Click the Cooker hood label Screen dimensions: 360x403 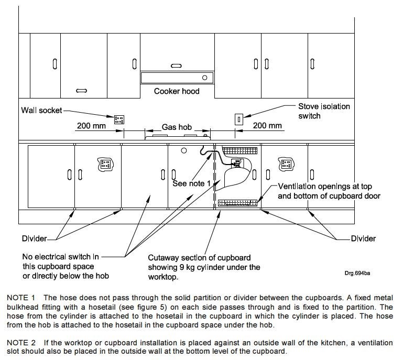point(177,91)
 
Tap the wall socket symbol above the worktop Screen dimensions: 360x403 point(119,118)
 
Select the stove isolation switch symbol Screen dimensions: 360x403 point(238,119)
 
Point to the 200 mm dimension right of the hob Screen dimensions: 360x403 point(268,126)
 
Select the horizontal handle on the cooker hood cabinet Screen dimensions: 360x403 point(177,66)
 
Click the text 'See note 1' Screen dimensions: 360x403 point(192,184)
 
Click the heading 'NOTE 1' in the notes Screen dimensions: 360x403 point(20,298)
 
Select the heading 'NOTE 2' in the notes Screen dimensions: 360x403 point(20,343)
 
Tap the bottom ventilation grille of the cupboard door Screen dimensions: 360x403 point(238,202)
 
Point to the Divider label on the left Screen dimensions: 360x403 point(34,238)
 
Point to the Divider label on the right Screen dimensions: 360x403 point(363,238)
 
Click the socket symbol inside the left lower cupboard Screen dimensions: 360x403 point(105,164)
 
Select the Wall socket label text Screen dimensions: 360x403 point(41,111)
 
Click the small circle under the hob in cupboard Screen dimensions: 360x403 point(184,151)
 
